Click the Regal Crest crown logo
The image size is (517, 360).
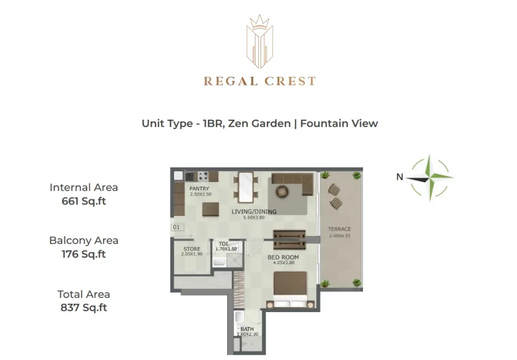tap(260, 41)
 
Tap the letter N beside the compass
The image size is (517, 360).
tap(400, 177)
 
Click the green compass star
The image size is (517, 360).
tap(429, 178)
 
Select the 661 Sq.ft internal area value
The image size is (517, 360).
tap(84, 201)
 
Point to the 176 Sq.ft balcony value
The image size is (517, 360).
tap(84, 254)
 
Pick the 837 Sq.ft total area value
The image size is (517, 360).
tap(84, 307)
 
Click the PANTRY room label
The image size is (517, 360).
tap(199, 188)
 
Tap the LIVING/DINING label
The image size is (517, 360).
tap(254, 212)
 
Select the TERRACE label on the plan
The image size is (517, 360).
tap(339, 229)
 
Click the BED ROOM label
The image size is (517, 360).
tap(283, 257)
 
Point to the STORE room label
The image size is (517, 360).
tap(192, 249)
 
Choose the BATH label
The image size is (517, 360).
tap(247, 329)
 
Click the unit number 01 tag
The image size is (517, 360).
tap(176, 227)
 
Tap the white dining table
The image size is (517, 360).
tap(246, 187)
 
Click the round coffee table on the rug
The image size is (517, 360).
tap(282, 191)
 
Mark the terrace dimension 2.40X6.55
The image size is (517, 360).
tap(340, 236)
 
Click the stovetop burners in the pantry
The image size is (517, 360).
tap(203, 177)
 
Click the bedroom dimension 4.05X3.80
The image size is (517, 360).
tap(284, 263)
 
